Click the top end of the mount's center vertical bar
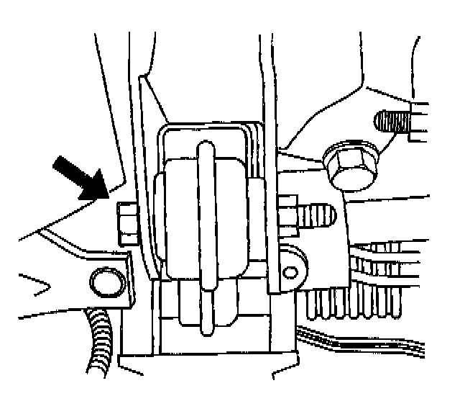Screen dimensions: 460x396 (x=206, y=147)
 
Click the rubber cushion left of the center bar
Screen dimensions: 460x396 (x=179, y=216)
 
